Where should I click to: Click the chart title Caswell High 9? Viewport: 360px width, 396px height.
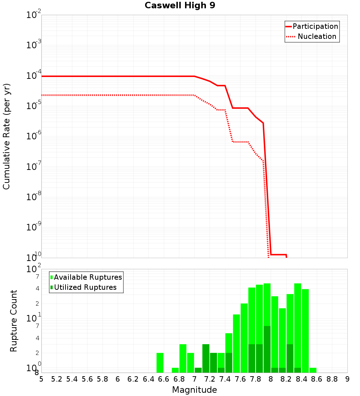(180, 6)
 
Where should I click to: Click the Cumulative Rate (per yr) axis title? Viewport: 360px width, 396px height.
(6, 136)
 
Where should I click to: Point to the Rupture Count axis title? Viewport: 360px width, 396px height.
(14, 321)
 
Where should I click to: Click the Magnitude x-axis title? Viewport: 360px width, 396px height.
(194, 390)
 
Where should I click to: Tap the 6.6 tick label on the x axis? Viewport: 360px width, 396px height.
(164, 379)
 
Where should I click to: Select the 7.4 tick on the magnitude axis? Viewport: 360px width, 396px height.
(225, 379)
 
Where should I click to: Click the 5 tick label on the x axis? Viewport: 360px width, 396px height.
(41, 379)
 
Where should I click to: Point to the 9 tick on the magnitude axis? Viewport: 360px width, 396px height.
(347, 379)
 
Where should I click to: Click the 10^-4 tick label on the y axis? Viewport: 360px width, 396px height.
(34, 76)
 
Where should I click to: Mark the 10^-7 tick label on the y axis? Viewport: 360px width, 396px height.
(34, 167)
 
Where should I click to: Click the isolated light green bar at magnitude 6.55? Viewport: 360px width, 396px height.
(160, 363)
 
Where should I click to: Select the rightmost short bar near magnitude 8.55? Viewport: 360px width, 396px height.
(313, 370)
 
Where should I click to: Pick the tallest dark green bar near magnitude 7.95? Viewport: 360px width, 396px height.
(267, 349)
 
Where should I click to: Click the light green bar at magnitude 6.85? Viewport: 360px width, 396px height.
(183, 358)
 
